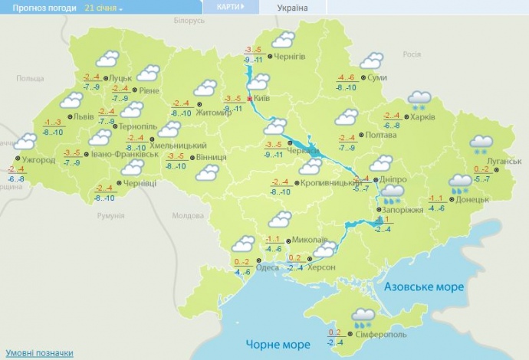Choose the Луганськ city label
tap(504, 162)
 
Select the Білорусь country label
tap(189, 21)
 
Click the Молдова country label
tap(188, 215)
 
